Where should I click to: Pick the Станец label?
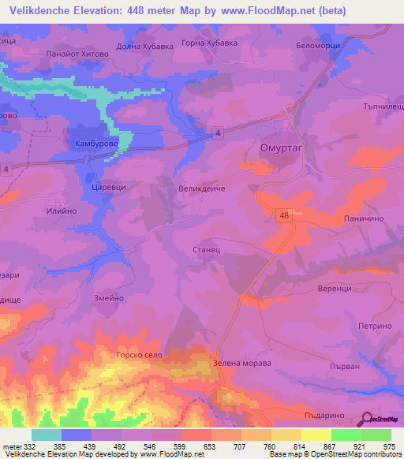tap(206, 248)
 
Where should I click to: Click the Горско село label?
tap(138, 356)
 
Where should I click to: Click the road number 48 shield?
tap(283, 213)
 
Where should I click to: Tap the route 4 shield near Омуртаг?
tap(218, 135)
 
